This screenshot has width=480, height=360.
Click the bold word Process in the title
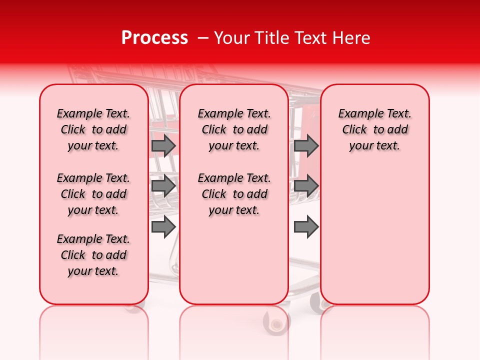click(x=154, y=38)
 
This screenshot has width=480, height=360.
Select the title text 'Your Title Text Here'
click(x=292, y=38)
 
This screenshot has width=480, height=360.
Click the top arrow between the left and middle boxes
click(x=163, y=146)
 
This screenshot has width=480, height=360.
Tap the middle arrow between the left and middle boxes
click(x=163, y=186)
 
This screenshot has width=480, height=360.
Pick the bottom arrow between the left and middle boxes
click(x=163, y=227)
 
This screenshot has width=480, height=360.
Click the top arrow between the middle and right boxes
click(x=306, y=146)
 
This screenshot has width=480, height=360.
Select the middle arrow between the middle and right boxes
click(x=306, y=186)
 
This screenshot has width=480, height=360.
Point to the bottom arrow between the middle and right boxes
click(x=306, y=227)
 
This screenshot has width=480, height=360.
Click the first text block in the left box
click(x=93, y=129)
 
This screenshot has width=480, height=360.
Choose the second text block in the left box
click(x=93, y=194)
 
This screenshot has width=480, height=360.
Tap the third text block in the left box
click(x=93, y=255)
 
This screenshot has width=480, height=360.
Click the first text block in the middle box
click(x=234, y=129)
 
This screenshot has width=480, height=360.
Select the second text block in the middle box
click(x=234, y=194)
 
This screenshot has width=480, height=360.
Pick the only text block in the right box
click(x=374, y=129)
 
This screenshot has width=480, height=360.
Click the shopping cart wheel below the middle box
click(x=276, y=320)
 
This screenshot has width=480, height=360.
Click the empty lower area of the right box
click(x=374, y=235)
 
